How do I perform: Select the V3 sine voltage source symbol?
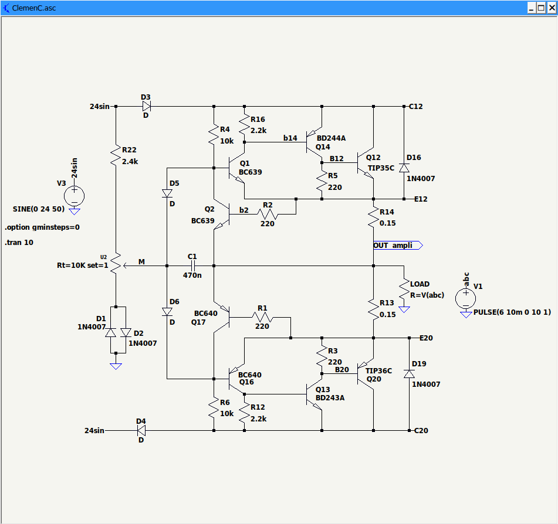click(75, 195)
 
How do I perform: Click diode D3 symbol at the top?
click(146, 107)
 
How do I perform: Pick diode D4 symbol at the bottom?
click(141, 430)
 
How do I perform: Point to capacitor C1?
click(192, 266)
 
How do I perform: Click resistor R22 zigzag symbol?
click(116, 155)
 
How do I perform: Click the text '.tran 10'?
click(19, 242)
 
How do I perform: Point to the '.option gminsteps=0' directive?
click(42, 227)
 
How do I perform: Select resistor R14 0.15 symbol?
click(374, 218)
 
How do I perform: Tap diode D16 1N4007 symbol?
click(404, 168)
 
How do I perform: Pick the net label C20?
click(421, 431)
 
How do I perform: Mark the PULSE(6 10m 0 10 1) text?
click(512, 312)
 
